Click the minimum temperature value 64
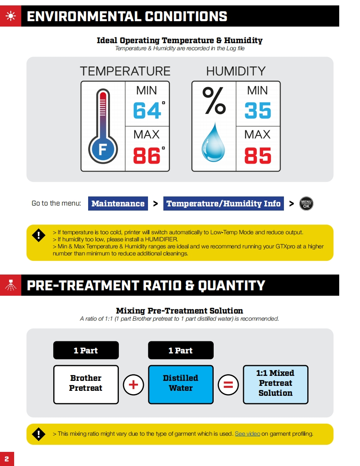[x=147, y=111]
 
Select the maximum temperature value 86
[x=147, y=156]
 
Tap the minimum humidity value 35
[x=258, y=111]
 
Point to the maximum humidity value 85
[x=258, y=156]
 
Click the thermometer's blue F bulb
[x=103, y=149]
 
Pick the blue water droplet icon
[x=213, y=143]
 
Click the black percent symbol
[x=214, y=101]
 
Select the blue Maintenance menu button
[x=118, y=204]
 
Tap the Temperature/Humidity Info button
[x=224, y=204]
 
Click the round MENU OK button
[x=306, y=204]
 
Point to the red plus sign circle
[x=133, y=385]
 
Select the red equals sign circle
[x=228, y=385]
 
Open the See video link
[x=247, y=434]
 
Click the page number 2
[x=7, y=459]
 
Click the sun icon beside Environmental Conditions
[x=10, y=16]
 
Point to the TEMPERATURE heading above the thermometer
[x=125, y=71]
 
